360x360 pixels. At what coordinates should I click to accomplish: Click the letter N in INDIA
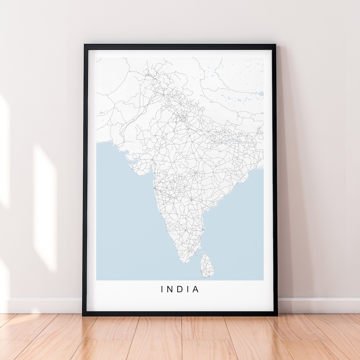[171, 289]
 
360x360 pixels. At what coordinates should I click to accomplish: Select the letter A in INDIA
[196, 289]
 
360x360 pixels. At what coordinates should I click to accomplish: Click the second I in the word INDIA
[188, 289]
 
